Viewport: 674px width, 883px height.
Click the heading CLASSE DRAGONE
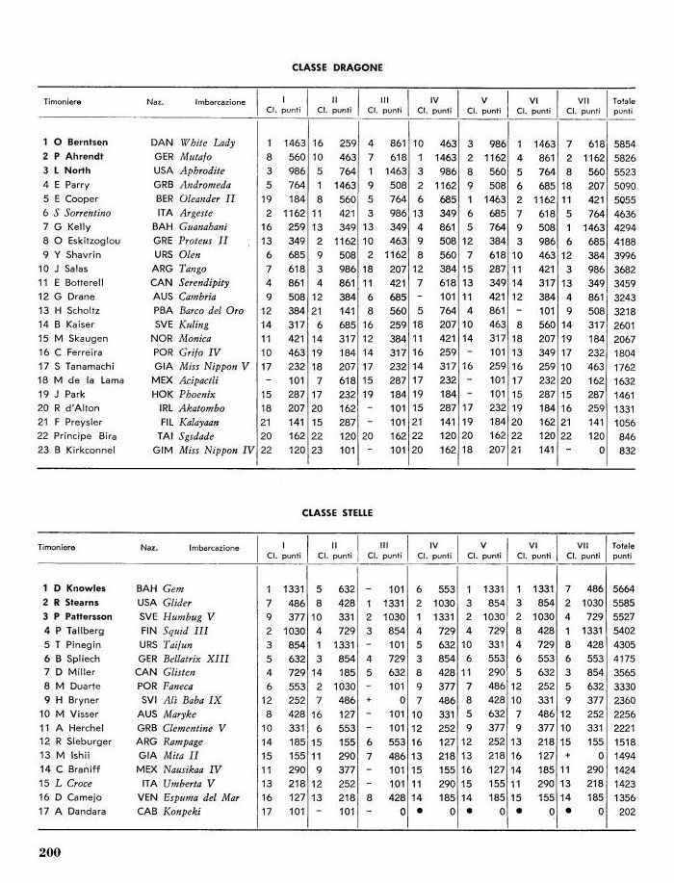[x=337, y=68]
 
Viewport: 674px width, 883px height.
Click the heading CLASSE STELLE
[x=337, y=514]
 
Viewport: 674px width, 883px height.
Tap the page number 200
[x=51, y=850]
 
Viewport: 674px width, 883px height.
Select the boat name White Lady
[x=207, y=143]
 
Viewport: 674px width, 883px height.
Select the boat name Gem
[x=173, y=587]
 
